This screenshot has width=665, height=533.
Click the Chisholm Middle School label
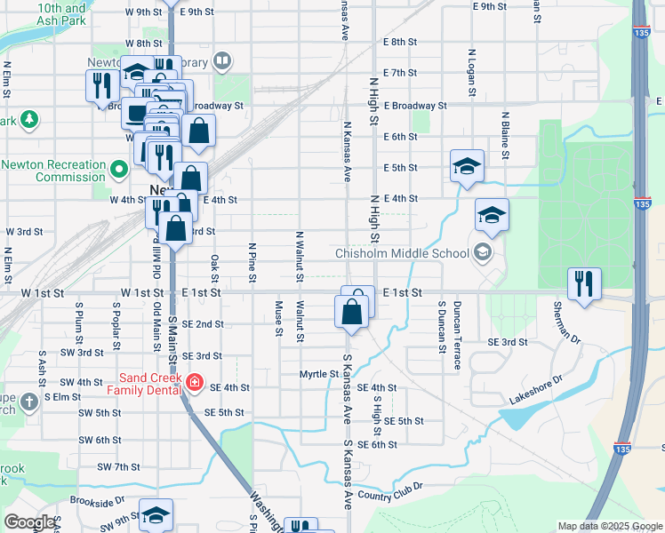402,253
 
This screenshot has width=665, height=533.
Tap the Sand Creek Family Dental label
145,380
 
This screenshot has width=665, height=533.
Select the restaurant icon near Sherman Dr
583,284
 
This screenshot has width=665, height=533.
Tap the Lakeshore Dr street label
536,390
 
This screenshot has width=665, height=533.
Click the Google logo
29,522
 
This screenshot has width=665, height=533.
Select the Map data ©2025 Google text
610,526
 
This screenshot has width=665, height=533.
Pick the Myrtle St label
319,374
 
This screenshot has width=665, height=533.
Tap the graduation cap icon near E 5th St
467,166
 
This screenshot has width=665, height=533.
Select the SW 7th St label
118,466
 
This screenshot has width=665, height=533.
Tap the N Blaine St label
505,137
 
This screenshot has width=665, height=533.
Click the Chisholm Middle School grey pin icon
483,252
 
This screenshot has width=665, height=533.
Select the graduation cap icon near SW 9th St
156,515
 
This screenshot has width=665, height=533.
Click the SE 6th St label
377,444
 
